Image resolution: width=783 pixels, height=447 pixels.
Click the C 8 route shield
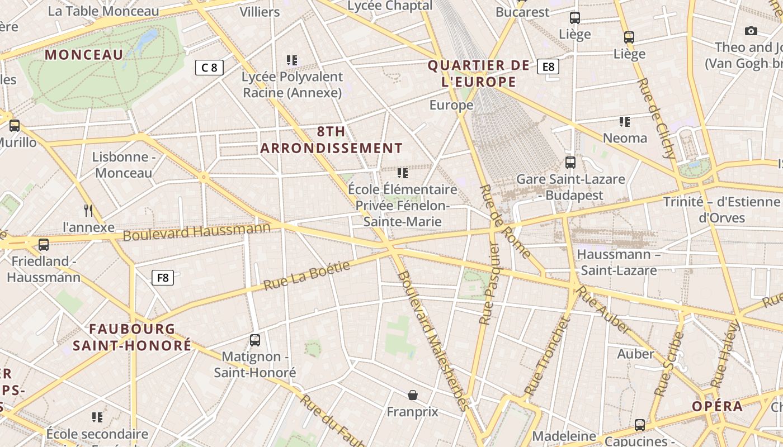click(x=209, y=68)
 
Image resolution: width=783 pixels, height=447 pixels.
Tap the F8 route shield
click(x=163, y=278)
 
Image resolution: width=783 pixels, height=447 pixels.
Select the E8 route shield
click(x=548, y=67)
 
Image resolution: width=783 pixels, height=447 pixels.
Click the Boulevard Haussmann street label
click(x=196, y=231)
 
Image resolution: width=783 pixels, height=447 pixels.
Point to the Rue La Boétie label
click(x=306, y=275)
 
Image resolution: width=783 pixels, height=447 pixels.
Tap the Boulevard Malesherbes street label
click(x=432, y=341)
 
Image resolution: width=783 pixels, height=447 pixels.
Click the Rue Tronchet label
click(x=547, y=356)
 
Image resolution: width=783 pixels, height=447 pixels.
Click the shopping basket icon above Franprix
click(x=413, y=395)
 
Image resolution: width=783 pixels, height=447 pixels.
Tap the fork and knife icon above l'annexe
click(x=88, y=210)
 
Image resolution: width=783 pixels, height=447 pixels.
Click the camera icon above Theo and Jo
click(x=751, y=31)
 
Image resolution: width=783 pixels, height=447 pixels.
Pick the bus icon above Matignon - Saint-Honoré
click(x=255, y=340)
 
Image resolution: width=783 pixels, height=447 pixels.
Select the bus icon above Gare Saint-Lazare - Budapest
click(x=570, y=163)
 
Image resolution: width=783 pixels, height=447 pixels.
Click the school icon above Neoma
click(x=625, y=121)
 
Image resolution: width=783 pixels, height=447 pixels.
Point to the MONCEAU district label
click(x=84, y=55)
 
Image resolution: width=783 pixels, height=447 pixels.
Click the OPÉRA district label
click(x=717, y=406)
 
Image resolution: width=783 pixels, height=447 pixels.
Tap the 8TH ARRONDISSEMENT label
click(x=331, y=140)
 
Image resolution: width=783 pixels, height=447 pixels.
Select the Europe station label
click(x=451, y=105)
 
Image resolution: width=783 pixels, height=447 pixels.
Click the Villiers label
click(x=260, y=12)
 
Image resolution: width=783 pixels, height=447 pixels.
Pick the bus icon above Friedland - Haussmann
click(x=44, y=244)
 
